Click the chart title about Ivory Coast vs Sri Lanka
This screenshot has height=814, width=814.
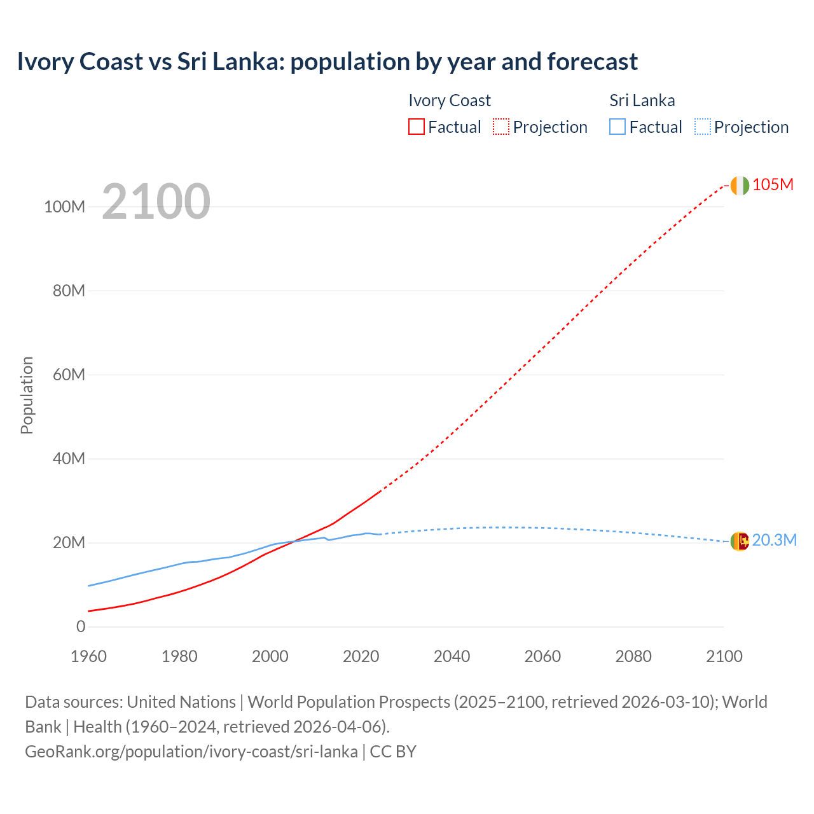[x=327, y=62]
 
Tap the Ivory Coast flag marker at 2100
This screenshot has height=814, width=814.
[x=740, y=185]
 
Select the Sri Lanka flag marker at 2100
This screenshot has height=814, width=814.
[x=740, y=541]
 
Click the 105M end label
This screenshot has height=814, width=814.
[x=773, y=185]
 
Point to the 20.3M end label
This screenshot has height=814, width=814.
[x=774, y=541]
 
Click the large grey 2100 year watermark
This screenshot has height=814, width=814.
[x=156, y=202]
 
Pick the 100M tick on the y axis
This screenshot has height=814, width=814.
[x=64, y=207]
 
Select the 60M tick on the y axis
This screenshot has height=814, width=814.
[x=69, y=375]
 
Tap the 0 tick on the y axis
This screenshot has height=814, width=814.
[x=81, y=627]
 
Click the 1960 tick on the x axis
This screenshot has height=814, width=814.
[x=89, y=656]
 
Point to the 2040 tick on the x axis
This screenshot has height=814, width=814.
[x=452, y=656]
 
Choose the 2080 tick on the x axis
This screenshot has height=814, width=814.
[x=633, y=656]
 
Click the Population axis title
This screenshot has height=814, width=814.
[x=27, y=395]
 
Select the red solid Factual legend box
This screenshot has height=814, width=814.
[x=416, y=127]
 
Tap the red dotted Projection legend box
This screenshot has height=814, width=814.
[x=501, y=127]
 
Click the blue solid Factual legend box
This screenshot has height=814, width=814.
[x=617, y=127]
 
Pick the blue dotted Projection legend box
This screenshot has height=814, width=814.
[x=702, y=127]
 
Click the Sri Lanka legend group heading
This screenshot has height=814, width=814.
[x=642, y=100]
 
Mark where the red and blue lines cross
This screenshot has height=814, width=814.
[x=294, y=542]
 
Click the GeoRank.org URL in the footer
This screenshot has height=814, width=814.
[x=191, y=752]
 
